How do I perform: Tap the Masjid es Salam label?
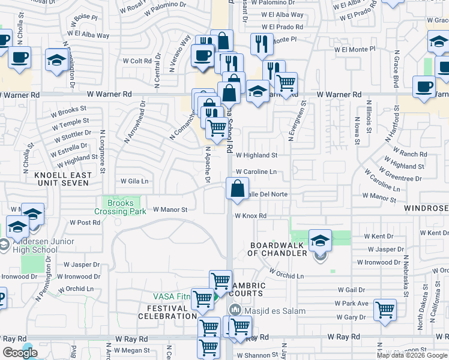pyautogui.click(x=267, y=311)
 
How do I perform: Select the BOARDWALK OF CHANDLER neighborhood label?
pyautogui.click(x=279, y=250)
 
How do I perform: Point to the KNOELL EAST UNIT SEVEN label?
pyautogui.click(x=64, y=179)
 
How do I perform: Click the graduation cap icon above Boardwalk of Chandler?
pyautogui.click(x=320, y=241)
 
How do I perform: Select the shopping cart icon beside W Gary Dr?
pyautogui.click(x=384, y=310)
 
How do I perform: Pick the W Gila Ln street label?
pyautogui.click(x=134, y=181)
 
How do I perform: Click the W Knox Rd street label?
pyautogui.click(x=250, y=216)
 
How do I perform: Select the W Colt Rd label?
pyautogui.click(x=137, y=61)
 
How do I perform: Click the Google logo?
pyautogui.click(x=20, y=353)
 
